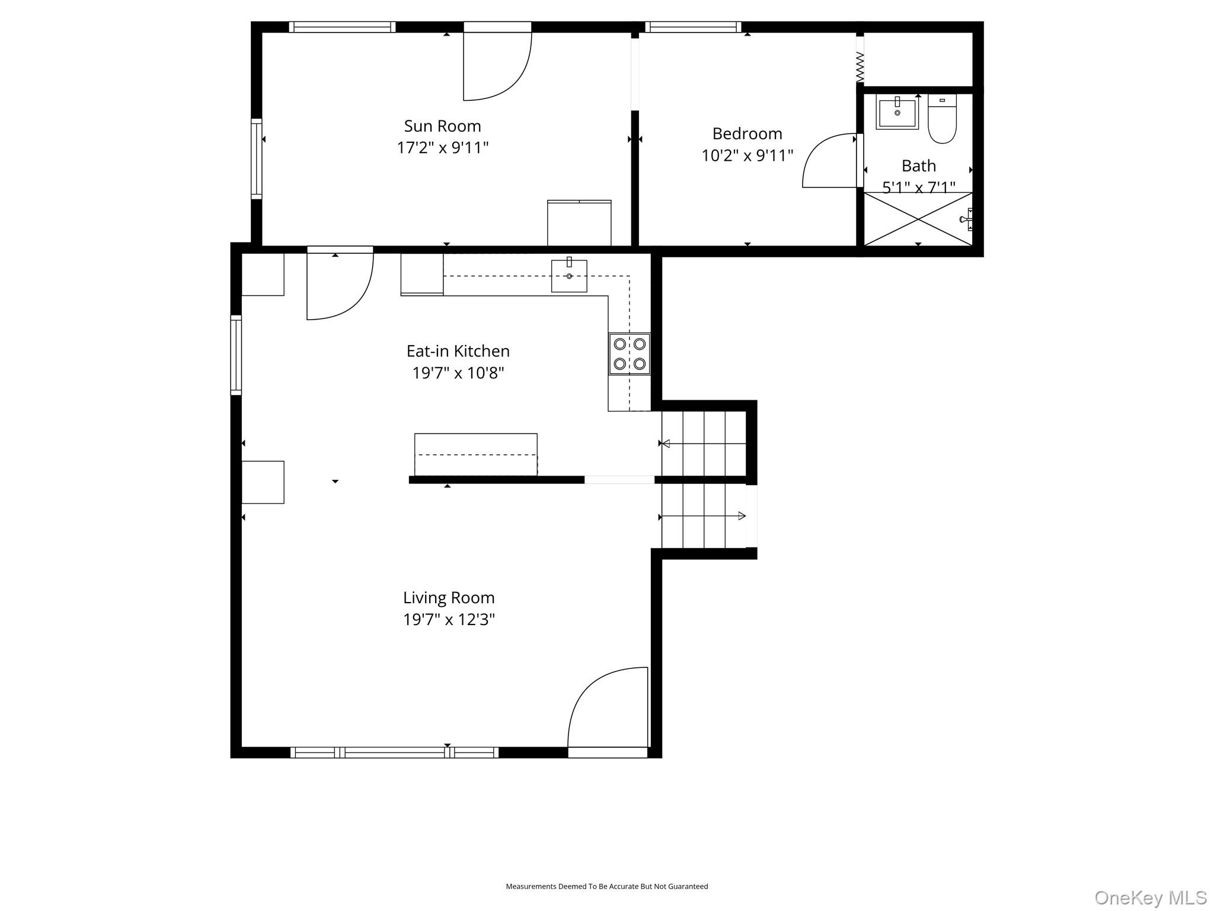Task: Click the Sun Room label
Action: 442,126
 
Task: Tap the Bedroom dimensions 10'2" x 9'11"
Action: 747,155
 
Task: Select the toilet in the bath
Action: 942,119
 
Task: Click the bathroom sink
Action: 897,112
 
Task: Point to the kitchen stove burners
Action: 630,353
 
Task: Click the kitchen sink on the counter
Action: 569,275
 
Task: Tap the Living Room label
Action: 449,597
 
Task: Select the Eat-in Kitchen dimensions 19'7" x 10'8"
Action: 458,373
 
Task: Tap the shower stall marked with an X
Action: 918,219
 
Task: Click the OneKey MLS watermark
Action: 1150,897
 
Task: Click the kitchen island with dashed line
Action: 475,454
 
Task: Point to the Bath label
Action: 919,165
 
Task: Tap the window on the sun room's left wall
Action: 256,158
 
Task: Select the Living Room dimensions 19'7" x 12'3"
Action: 449,620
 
